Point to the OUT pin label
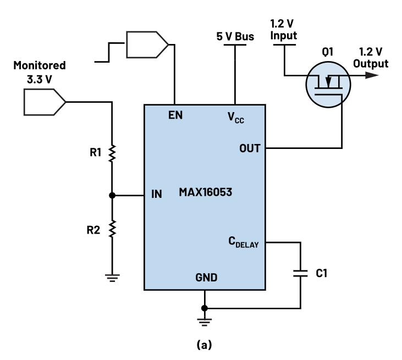pyautogui.click(x=252, y=148)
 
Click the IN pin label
pyautogui.click(x=157, y=195)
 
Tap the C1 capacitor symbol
pyautogui.click(x=300, y=274)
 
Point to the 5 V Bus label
pyautogui.click(x=235, y=38)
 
